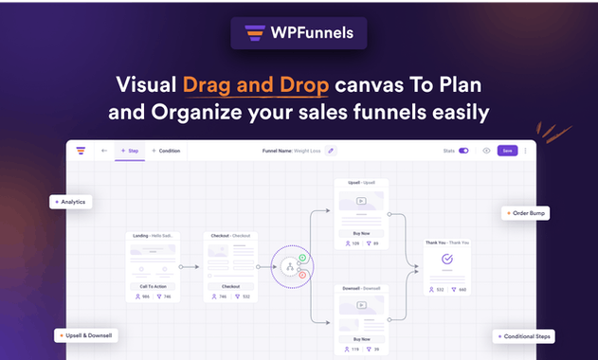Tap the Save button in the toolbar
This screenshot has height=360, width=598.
[x=507, y=151]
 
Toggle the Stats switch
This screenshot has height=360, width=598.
[x=463, y=151]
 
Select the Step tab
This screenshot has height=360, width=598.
[x=128, y=151]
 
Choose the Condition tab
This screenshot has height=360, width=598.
[x=166, y=151]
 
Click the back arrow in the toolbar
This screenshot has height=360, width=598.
[x=103, y=151]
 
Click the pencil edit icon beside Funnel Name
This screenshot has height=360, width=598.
[x=331, y=151]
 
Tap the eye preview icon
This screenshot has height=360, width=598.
[x=486, y=151]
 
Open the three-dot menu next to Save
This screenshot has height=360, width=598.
[x=526, y=151]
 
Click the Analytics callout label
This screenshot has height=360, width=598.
[x=72, y=202]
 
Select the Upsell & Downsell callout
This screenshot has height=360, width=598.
[x=86, y=335]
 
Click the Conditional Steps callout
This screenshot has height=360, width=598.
[x=524, y=336]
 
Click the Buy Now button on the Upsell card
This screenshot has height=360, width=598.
[x=360, y=233]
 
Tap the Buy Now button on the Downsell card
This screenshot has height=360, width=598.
[x=360, y=338]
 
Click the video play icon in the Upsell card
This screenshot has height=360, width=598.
[x=360, y=201]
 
